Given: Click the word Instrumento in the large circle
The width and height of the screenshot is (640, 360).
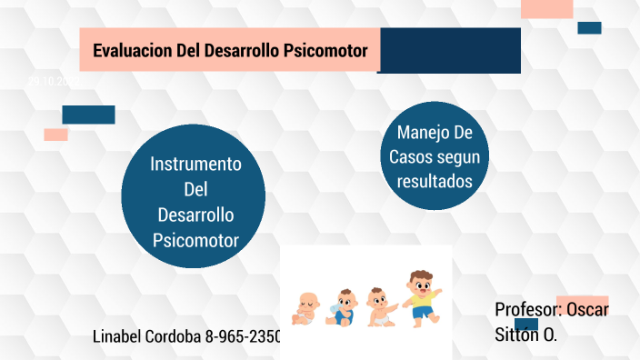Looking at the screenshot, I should (x=195, y=165).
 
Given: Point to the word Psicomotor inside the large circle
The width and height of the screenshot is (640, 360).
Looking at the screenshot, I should (x=195, y=241).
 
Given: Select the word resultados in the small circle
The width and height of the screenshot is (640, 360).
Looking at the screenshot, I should (x=435, y=181).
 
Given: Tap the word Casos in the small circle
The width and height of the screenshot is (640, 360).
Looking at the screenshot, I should (x=410, y=157).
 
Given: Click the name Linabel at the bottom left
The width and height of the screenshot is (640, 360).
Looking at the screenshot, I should (x=121, y=336).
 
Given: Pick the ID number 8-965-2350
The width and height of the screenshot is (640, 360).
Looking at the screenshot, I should (x=244, y=336).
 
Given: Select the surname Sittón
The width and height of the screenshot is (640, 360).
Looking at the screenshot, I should (x=517, y=334).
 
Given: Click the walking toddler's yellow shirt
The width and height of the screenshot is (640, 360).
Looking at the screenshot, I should (x=419, y=299).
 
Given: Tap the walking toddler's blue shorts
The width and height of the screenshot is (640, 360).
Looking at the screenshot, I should (x=421, y=312).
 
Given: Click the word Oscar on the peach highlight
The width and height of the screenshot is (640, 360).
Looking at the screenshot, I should (x=587, y=309).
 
